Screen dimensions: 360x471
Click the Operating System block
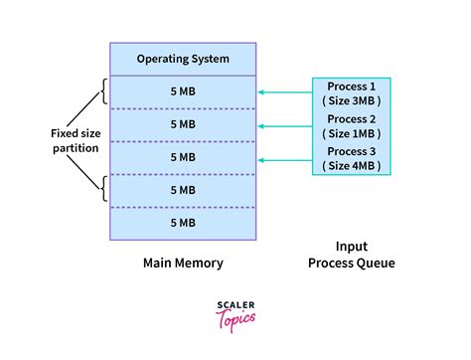tap(183, 59)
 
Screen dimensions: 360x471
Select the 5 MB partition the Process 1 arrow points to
tap(183, 92)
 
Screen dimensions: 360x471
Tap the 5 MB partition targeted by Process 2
tap(183, 124)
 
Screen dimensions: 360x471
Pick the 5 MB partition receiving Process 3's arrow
tap(183, 157)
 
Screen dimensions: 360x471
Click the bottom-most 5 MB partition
tap(183, 223)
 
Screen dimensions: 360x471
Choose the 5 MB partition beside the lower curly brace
tap(183, 190)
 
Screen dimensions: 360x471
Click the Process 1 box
tap(353, 92)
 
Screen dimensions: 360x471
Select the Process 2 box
tap(353, 125)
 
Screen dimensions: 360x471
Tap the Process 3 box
tap(353, 157)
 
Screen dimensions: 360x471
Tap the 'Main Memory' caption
tap(183, 264)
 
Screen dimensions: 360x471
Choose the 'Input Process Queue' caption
tap(353, 254)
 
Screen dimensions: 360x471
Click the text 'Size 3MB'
tap(353, 100)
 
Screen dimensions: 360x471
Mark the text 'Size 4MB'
tap(353, 165)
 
